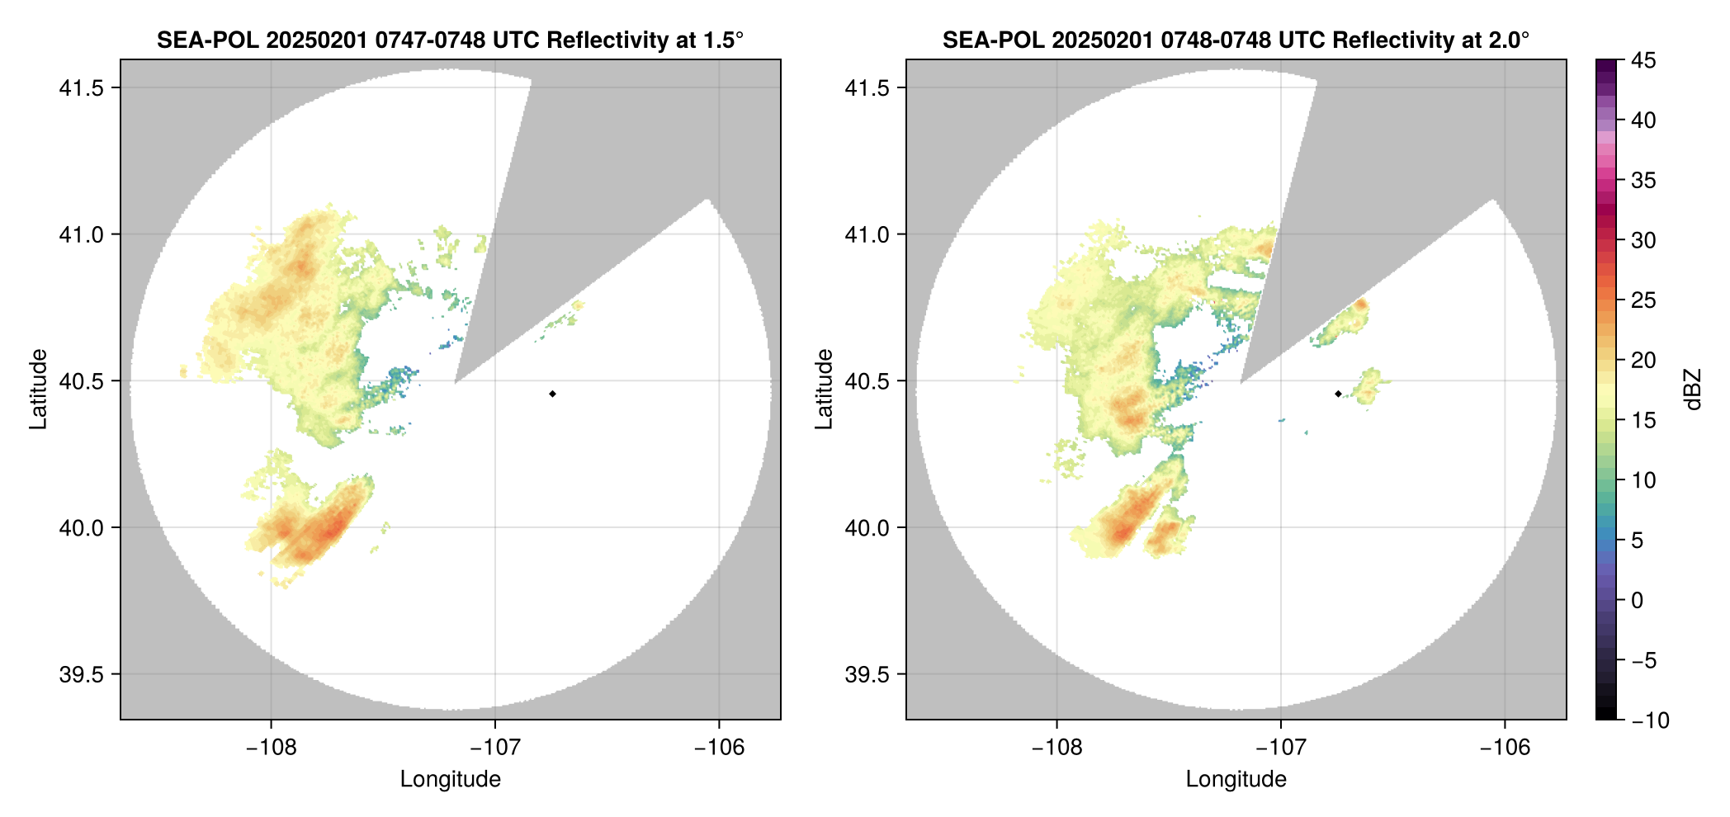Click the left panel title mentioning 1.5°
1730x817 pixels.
coord(450,40)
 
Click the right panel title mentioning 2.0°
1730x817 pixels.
coord(1236,40)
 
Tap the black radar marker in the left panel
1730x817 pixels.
coord(552,394)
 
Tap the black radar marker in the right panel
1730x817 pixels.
coord(1338,394)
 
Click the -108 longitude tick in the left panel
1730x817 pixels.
coord(271,748)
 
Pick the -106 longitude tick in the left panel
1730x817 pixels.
coord(719,748)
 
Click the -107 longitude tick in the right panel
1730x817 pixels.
coord(1280,748)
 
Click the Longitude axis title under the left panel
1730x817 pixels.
coord(450,779)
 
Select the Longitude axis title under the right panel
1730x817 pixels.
coord(1236,779)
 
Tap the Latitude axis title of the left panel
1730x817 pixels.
coord(38,389)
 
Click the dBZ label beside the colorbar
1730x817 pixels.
coord(1693,389)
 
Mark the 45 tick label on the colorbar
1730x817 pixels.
coord(1643,61)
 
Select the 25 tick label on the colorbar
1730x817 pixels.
coord(1643,300)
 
